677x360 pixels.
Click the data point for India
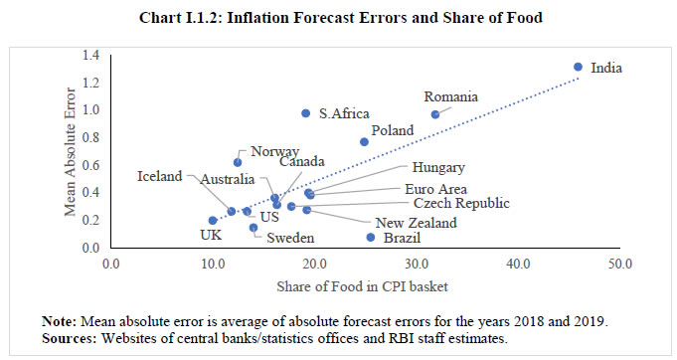click(578, 67)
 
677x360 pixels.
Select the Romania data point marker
click(435, 114)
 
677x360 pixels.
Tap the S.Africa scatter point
click(305, 113)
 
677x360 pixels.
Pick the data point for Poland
click(364, 141)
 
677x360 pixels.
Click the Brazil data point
click(371, 237)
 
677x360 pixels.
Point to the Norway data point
click(238, 162)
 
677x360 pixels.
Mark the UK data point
click(213, 220)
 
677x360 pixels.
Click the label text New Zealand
click(416, 223)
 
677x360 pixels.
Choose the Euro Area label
click(438, 188)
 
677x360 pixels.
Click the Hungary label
click(438, 168)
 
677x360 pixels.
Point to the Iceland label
click(160, 176)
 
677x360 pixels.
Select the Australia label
click(233, 180)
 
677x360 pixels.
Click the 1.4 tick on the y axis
click(91, 55)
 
